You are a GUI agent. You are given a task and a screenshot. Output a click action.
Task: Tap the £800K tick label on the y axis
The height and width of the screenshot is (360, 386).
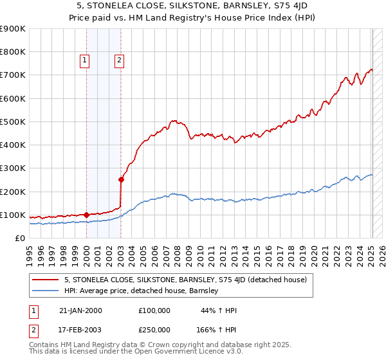tap(13, 52)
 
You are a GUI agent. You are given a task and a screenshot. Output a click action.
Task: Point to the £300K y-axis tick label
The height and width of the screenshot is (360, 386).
tap(13, 168)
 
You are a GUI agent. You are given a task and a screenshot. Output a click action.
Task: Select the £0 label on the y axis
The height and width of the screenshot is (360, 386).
tap(20, 238)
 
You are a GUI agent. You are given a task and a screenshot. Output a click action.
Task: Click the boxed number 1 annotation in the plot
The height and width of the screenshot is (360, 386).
tap(84, 61)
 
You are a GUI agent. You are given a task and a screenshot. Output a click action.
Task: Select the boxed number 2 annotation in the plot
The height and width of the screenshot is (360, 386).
tap(119, 61)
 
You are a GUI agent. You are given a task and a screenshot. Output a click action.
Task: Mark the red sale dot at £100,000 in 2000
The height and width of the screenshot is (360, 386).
tap(86, 215)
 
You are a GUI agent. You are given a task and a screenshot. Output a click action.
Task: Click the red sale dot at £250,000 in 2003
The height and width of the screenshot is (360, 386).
tap(121, 180)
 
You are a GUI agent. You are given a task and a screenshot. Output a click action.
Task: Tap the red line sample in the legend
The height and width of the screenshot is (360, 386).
tap(46, 280)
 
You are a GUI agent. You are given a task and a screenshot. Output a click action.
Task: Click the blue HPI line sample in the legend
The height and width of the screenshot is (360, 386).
tap(46, 291)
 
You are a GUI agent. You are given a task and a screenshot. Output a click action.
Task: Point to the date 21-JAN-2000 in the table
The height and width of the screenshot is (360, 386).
tap(80, 310)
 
